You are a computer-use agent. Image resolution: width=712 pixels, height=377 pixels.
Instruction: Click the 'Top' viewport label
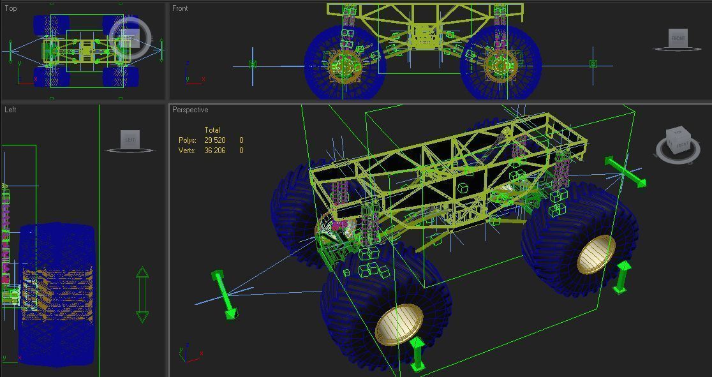(11, 8)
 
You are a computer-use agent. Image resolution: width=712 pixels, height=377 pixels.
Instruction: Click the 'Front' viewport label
(180, 8)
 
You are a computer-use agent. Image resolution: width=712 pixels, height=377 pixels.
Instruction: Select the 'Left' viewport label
(10, 110)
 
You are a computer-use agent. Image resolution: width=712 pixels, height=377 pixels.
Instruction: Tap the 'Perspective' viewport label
(190, 110)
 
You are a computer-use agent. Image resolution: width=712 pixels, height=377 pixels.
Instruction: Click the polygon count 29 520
(215, 140)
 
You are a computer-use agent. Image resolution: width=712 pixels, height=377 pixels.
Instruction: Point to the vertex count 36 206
(215, 151)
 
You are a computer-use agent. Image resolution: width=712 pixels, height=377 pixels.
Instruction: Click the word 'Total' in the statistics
(212, 130)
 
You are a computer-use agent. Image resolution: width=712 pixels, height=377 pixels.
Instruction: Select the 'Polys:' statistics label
(188, 140)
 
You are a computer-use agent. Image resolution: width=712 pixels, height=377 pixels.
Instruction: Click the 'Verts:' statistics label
(188, 151)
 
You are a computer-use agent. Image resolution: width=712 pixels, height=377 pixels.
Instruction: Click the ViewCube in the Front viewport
(678, 39)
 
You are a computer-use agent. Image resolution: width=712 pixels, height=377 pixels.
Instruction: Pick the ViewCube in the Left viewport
(130, 140)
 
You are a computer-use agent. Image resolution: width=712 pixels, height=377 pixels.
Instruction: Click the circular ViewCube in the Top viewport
(130, 38)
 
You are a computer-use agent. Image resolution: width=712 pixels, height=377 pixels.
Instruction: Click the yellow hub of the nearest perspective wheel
(399, 324)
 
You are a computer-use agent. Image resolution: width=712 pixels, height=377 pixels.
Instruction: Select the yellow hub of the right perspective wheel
(597, 254)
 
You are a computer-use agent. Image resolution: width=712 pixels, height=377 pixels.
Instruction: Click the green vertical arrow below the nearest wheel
(417, 354)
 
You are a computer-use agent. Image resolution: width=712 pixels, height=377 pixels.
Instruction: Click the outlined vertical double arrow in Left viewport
(142, 295)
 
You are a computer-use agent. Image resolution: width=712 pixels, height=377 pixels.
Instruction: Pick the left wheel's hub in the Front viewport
(345, 66)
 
